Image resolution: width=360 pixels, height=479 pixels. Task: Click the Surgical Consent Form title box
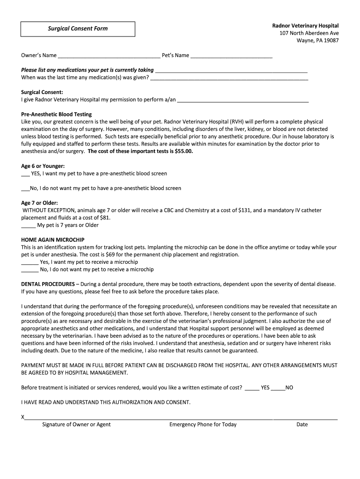tap(78, 29)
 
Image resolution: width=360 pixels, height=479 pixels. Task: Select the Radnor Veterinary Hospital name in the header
tap(305, 25)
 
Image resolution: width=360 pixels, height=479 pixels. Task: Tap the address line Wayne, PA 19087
tap(317, 40)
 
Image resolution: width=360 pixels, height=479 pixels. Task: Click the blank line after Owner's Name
tap(108, 56)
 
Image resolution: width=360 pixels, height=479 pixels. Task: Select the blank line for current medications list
tap(231, 71)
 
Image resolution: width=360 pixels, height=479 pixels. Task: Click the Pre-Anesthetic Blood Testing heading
tap(57, 114)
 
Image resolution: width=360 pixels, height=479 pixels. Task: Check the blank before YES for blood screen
tap(25, 174)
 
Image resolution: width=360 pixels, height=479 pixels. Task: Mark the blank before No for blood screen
tap(25, 189)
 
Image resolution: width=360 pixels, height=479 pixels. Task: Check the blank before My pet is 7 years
tap(29, 225)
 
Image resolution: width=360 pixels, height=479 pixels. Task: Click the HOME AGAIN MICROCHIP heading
tap(53, 240)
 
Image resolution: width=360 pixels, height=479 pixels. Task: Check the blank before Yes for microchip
tap(30, 262)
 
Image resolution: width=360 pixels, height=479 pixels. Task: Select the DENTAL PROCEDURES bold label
tap(48, 284)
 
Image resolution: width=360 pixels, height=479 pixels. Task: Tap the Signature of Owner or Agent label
tap(76, 425)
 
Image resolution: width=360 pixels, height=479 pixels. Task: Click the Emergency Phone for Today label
tap(203, 425)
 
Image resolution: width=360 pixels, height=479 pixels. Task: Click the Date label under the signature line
tap(302, 425)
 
